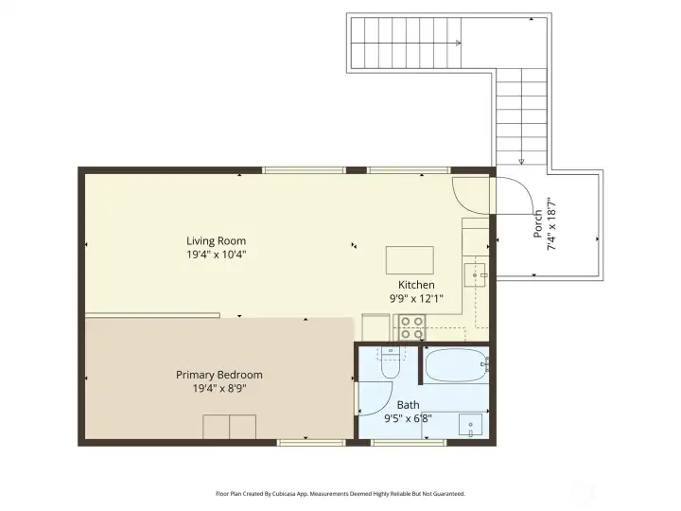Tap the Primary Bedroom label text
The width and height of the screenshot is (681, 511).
coord(219,375)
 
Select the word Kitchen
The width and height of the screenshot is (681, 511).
coord(416,285)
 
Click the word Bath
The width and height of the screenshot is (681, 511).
coord(408,404)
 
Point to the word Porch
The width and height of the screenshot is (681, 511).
coord(538,223)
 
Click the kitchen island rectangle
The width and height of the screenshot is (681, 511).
coord(410,259)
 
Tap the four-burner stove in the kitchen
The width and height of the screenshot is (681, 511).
coord(411,327)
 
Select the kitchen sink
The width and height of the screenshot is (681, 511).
coord(475,275)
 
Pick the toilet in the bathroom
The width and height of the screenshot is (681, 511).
coord(388,364)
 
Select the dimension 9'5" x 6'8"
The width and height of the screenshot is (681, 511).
coord(408,417)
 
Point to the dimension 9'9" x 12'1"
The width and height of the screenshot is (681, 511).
coord(416,298)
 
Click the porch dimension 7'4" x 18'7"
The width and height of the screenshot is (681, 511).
coord(550,223)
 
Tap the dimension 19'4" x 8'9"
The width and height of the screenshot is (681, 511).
coord(219,388)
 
